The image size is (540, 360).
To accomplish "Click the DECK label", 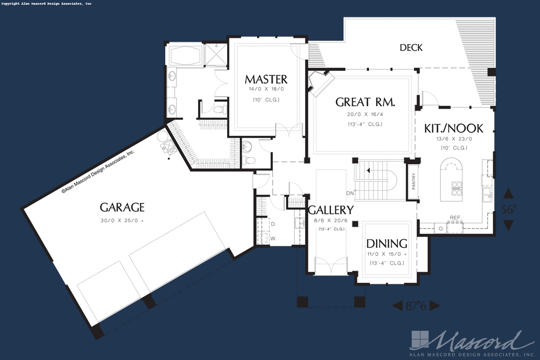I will (x=411, y=48).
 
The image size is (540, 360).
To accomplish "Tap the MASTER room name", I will (x=266, y=79).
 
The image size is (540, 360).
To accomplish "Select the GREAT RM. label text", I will (x=365, y=102).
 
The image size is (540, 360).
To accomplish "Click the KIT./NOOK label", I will (x=454, y=128).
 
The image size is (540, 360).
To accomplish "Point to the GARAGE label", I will (x=122, y=207).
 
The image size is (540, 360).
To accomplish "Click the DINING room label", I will (x=387, y=244).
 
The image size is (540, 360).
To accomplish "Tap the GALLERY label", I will (x=331, y=210).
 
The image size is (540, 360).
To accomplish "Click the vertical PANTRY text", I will (x=414, y=181).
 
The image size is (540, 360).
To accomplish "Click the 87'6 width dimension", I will (x=416, y=306).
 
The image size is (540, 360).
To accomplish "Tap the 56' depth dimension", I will (x=508, y=210).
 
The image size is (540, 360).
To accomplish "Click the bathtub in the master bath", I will (x=185, y=55).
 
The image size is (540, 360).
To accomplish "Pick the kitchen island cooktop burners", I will (x=457, y=188).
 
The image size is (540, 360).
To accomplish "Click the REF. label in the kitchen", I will (x=455, y=218).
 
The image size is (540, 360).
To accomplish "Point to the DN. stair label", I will (x=350, y=193).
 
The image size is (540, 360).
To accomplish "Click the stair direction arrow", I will (x=368, y=171).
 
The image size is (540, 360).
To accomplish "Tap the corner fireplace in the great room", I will (x=321, y=83).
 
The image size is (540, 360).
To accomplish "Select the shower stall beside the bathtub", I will (x=216, y=55).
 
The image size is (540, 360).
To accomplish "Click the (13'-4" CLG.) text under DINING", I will (x=387, y=263).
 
